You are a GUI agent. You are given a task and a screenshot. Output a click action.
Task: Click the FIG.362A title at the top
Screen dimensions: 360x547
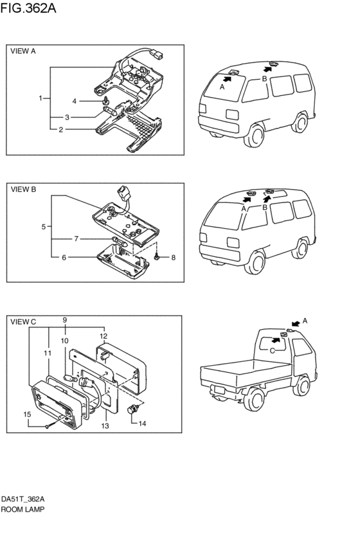click(28, 8)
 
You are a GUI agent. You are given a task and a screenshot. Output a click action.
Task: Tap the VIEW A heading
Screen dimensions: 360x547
click(23, 51)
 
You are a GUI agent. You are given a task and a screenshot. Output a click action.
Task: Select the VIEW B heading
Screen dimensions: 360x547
click(23, 190)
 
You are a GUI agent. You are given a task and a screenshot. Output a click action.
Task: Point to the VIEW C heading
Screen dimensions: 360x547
click(23, 321)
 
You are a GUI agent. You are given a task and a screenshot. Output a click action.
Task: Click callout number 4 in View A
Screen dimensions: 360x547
click(74, 101)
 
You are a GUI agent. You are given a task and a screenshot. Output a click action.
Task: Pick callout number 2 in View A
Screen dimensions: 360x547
click(60, 130)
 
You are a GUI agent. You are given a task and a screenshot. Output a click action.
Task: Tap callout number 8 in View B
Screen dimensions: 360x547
click(174, 258)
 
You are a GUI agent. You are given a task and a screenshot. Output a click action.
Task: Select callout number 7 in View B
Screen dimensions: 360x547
click(76, 239)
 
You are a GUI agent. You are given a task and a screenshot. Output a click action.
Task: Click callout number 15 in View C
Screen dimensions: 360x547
click(27, 415)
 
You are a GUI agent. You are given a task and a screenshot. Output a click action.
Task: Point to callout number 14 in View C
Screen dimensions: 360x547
click(142, 424)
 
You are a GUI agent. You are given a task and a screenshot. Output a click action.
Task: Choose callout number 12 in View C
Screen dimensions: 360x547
click(104, 336)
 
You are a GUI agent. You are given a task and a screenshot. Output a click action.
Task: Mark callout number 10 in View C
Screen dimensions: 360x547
click(64, 341)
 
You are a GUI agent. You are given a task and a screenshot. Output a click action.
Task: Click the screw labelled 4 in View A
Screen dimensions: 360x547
click(105, 101)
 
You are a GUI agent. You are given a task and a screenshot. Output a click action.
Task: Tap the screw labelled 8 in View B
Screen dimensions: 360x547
click(157, 257)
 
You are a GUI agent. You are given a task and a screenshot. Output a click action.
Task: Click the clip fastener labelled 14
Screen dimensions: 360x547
click(133, 409)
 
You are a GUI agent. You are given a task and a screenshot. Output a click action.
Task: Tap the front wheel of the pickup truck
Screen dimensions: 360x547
click(255, 400)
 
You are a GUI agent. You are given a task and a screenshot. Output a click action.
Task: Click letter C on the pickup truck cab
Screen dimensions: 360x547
click(272, 350)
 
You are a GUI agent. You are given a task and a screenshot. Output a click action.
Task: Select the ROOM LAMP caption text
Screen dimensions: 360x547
click(22, 509)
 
